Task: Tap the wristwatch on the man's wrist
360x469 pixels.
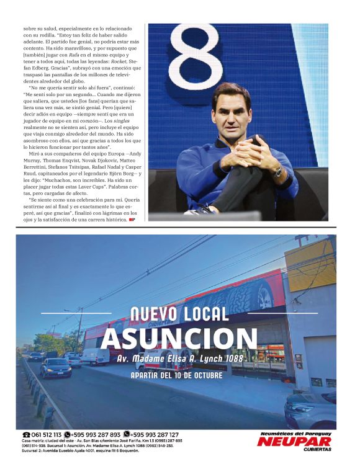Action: (279, 169)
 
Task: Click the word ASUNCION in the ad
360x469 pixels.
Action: (179, 339)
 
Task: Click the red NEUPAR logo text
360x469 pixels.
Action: (294, 442)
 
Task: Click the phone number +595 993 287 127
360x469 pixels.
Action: (155, 435)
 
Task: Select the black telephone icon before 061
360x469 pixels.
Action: (26, 435)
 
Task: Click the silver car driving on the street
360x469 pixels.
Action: (56, 367)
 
